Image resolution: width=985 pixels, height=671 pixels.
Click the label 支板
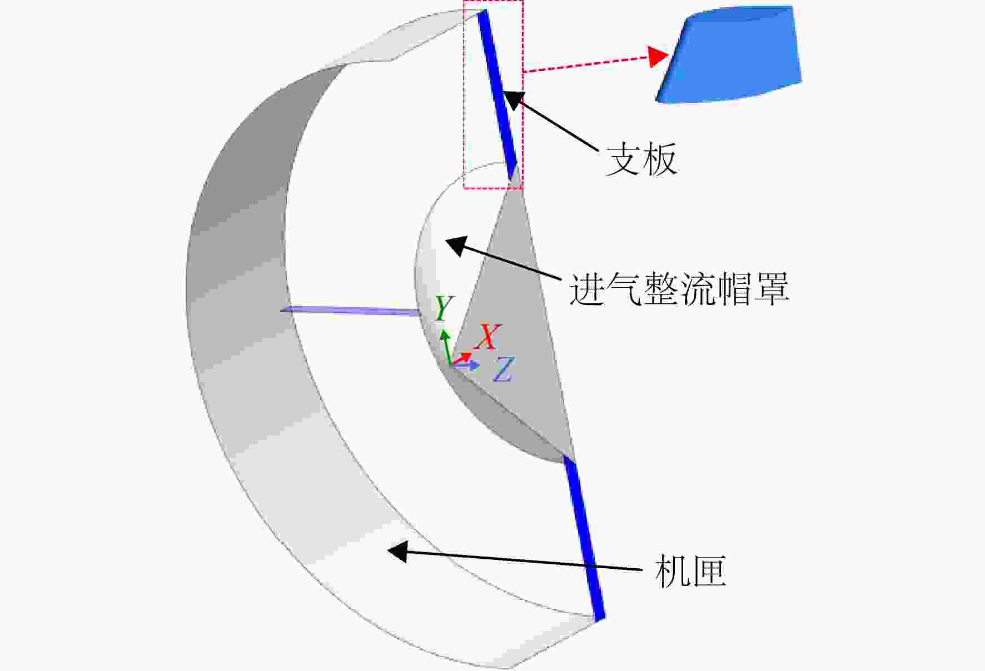pos(641,159)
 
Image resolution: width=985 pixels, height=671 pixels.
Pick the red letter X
pos(487,337)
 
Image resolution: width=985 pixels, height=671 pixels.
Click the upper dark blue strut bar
pos(498,94)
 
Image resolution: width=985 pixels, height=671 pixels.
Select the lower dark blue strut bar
pos(584,538)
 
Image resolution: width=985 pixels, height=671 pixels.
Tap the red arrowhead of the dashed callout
pos(658,57)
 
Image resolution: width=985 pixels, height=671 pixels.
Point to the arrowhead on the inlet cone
pos(456,244)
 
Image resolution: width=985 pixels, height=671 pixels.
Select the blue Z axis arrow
pos(466,365)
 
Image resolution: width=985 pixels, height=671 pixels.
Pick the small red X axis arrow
pos(462,358)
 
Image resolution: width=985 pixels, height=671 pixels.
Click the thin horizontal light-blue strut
pos(351,311)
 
